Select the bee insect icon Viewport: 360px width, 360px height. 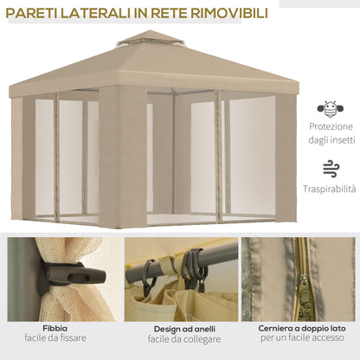(x=330, y=109)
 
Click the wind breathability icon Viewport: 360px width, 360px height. (x=330, y=168)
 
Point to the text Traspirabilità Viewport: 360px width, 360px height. (x=330, y=189)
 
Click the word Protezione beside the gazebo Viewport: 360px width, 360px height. (x=330, y=125)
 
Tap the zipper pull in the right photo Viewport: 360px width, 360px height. (x=304, y=281)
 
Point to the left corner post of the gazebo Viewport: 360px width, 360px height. (x=16, y=156)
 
